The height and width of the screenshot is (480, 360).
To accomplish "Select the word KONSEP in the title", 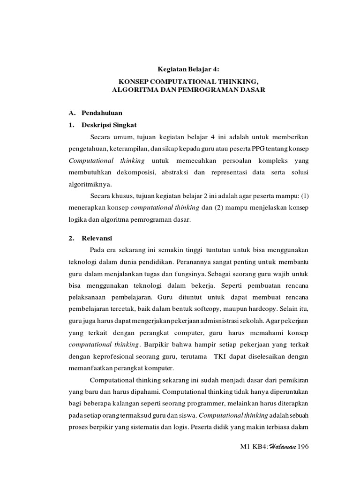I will (x=132, y=81).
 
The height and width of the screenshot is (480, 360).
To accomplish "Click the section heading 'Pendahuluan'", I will (x=102, y=113).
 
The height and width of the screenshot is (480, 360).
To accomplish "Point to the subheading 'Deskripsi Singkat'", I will (x=110, y=125).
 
